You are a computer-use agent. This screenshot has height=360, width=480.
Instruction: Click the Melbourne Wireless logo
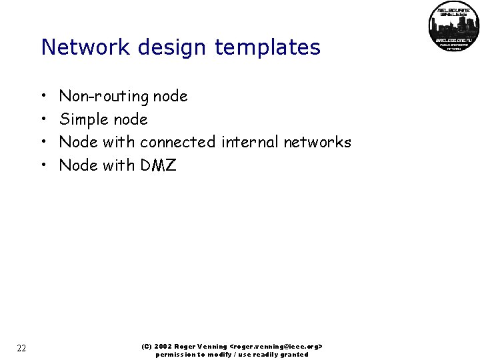tap(454, 27)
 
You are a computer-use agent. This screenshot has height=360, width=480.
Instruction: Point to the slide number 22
tap(21, 348)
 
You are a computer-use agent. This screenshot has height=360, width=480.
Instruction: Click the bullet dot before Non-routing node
tap(43, 97)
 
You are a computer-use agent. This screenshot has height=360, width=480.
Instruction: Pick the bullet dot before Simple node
tap(43, 120)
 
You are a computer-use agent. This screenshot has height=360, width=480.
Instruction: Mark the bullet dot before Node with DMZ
tap(43, 165)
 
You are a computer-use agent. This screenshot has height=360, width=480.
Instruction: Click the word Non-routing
tap(105, 97)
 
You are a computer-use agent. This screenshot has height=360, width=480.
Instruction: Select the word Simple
tap(85, 120)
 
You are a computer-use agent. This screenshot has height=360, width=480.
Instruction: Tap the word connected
tap(177, 142)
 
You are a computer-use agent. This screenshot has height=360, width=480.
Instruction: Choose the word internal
tap(250, 142)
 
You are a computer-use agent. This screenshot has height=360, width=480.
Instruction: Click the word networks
tap(317, 142)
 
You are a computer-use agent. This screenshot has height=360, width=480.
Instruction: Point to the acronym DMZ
tap(158, 165)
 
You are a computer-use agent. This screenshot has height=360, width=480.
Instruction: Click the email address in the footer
tap(276, 347)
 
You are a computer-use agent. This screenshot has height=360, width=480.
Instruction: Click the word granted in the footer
tap(294, 355)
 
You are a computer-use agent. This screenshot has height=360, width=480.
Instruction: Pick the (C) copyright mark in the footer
tap(147, 347)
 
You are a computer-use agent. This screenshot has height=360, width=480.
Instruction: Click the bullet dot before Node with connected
tap(43, 143)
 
